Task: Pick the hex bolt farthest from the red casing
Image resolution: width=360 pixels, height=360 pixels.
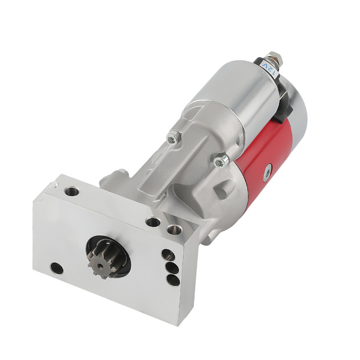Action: tap(172, 139)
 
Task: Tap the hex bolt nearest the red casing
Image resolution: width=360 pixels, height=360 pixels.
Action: tap(221, 160)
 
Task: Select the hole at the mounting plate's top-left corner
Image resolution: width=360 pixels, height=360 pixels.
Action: tap(71, 192)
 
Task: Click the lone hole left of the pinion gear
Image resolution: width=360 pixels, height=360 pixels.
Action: tap(56, 268)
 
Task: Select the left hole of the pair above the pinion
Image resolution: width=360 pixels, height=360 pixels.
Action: tap(153, 222)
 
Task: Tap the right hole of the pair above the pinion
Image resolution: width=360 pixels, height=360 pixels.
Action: tap(174, 229)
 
